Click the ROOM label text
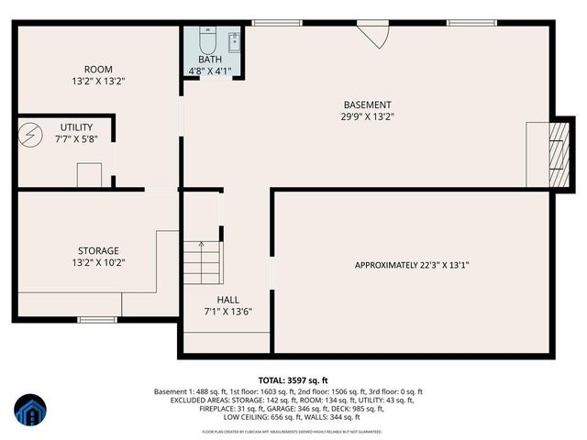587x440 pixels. click(97, 69)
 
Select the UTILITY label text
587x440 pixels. click(77, 126)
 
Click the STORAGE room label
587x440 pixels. click(98, 250)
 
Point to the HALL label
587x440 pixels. click(227, 300)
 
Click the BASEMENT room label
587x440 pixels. click(367, 104)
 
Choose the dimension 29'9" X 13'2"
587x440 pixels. click(367, 116)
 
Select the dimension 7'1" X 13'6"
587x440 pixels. click(227, 312)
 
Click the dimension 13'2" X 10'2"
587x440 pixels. click(98, 262)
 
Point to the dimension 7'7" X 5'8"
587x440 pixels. click(77, 138)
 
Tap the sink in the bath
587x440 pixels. click(233, 39)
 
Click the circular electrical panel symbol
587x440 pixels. click(31, 135)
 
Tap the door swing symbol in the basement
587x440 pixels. click(374, 35)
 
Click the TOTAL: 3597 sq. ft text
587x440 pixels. click(293, 379)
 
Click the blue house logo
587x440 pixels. click(30, 412)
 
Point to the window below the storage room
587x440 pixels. click(94, 319)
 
